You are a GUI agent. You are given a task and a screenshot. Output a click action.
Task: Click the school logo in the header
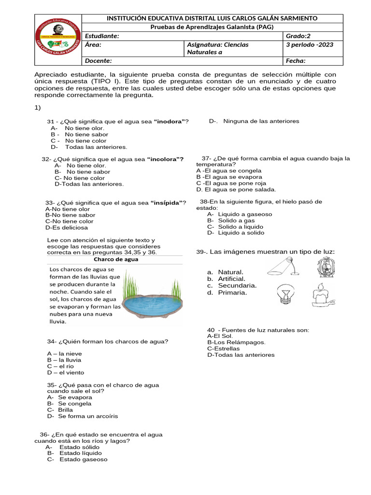coord(58,40)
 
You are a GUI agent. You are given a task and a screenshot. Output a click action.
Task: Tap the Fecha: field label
coord(295,61)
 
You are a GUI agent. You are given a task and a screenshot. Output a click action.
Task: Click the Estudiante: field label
coord(101,36)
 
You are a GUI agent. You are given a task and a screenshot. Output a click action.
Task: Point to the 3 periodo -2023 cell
coord(309,45)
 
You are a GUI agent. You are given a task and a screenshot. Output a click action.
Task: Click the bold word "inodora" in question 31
coord(169,121)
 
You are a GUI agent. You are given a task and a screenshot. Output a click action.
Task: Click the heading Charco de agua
coord(115,259)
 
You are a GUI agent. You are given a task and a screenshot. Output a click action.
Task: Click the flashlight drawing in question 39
coord(284,266)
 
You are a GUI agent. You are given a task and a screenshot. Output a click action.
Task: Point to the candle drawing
coord(322,294)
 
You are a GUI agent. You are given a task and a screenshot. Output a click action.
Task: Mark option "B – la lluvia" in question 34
coord(64,360)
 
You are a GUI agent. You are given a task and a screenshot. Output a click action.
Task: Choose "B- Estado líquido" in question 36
coord(74,453)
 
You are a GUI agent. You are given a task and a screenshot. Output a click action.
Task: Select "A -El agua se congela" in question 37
coord(229,171)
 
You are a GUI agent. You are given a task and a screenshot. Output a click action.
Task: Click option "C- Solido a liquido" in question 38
coord(235,226)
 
